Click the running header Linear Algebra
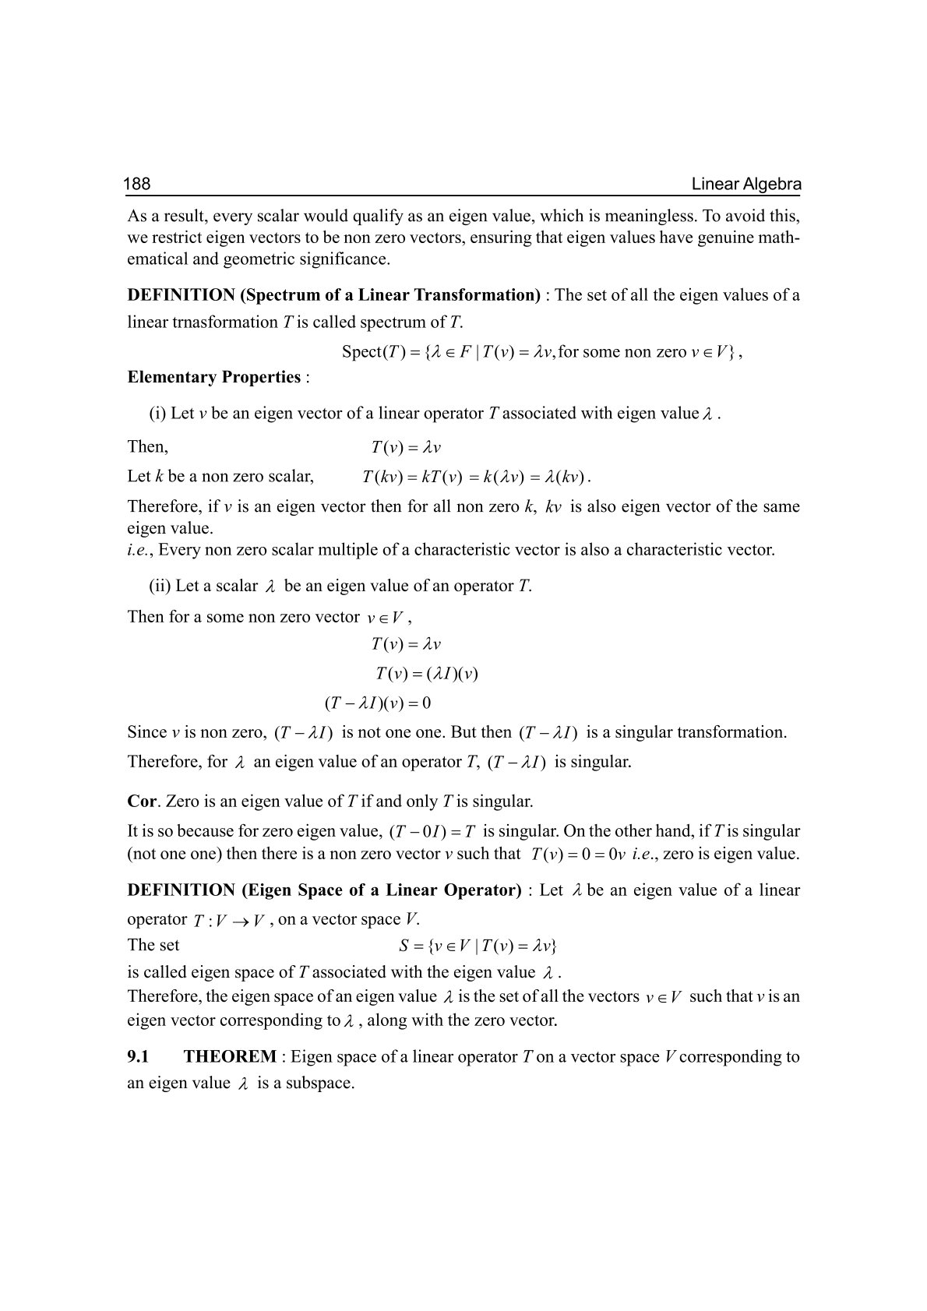point(746,185)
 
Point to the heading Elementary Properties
point(213,378)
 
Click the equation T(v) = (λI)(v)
point(426,674)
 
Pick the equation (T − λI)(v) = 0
point(377,703)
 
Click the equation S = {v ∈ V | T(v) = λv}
point(477,946)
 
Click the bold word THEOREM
point(230,1057)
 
